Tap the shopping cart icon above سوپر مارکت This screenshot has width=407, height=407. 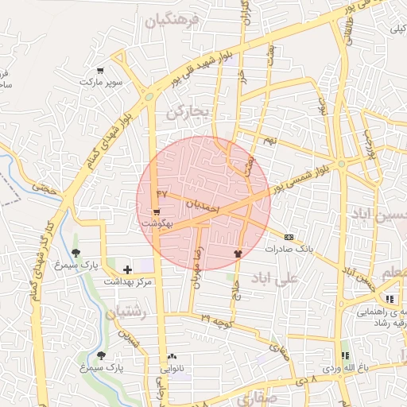click(99, 69)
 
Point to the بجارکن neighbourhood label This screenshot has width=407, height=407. click(188, 112)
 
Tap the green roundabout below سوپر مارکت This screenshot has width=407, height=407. click(148, 98)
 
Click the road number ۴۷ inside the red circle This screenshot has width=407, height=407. click(162, 193)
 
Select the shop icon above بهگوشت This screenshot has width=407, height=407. click(157, 212)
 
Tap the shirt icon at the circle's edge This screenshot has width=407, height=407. click(238, 252)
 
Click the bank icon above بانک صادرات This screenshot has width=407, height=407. click(288, 237)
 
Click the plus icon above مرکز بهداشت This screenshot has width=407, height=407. click(127, 270)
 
